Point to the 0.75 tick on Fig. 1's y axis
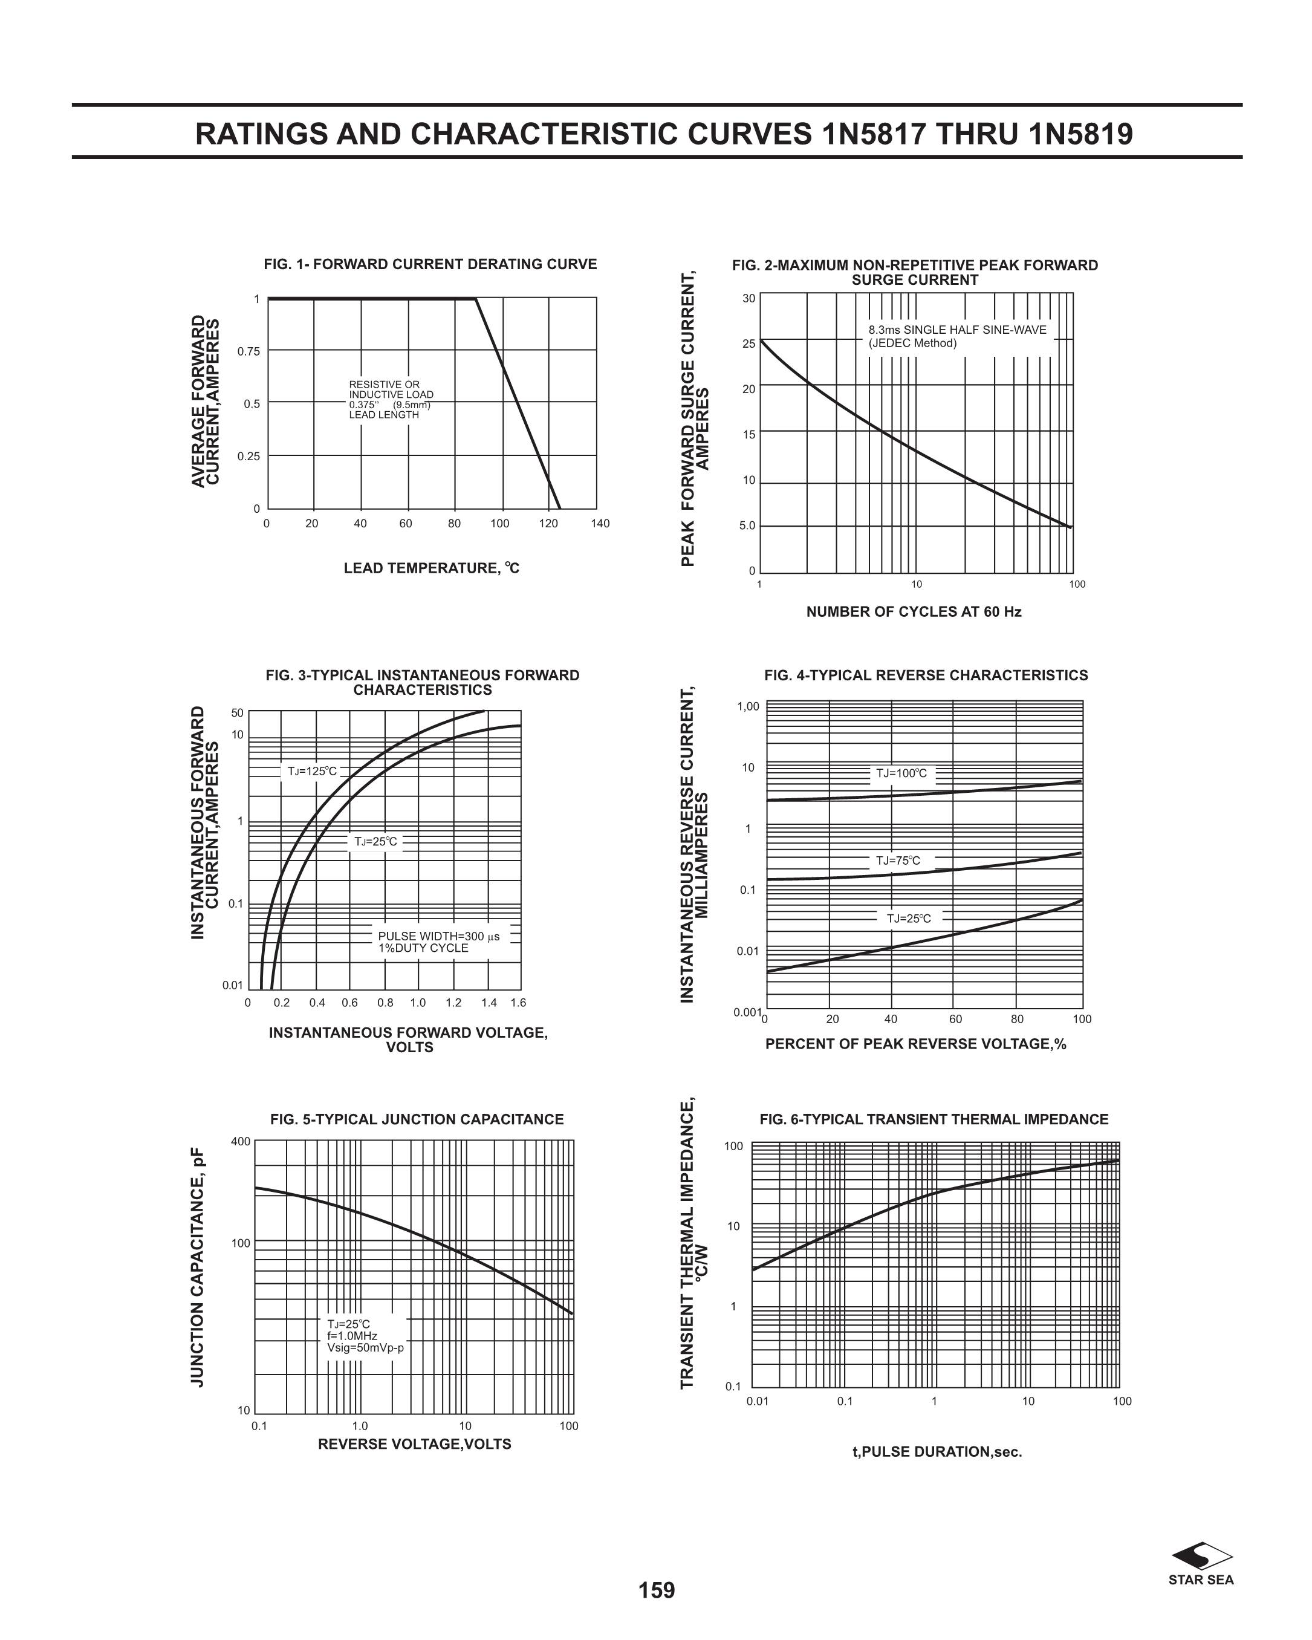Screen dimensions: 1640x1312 coord(248,351)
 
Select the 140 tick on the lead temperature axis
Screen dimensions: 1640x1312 coord(600,523)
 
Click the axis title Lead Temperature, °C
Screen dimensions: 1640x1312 coord(431,568)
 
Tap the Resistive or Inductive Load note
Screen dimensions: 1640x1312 coord(391,399)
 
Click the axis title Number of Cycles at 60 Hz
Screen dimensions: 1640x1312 coord(914,611)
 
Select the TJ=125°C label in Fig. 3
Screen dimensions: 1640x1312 coord(312,771)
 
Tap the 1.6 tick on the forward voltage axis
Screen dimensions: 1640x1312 coord(518,1003)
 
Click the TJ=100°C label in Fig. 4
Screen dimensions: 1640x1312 coord(901,773)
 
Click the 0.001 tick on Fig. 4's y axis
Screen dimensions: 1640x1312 coord(747,1012)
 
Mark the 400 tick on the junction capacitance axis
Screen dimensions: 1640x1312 coord(241,1141)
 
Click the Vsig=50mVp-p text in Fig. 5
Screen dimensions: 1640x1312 coord(365,1348)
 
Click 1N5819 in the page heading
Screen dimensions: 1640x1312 coord(1080,134)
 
